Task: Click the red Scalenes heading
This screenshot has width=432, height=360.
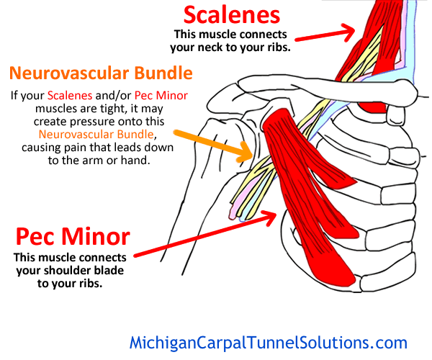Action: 231,14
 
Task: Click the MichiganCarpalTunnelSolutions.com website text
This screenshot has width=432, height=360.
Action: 268,342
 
